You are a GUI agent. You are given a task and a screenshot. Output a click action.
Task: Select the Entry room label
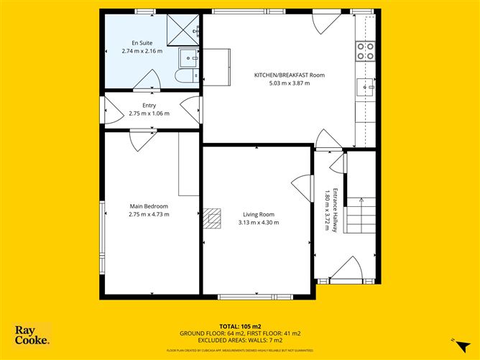click(x=149, y=106)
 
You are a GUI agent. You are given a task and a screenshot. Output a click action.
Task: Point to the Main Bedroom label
click(x=149, y=206)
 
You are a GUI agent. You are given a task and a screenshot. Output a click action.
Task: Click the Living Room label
click(x=258, y=214)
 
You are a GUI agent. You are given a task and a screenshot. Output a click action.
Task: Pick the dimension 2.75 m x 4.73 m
click(x=149, y=214)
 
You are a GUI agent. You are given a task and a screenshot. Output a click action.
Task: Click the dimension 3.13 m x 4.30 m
click(x=258, y=222)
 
